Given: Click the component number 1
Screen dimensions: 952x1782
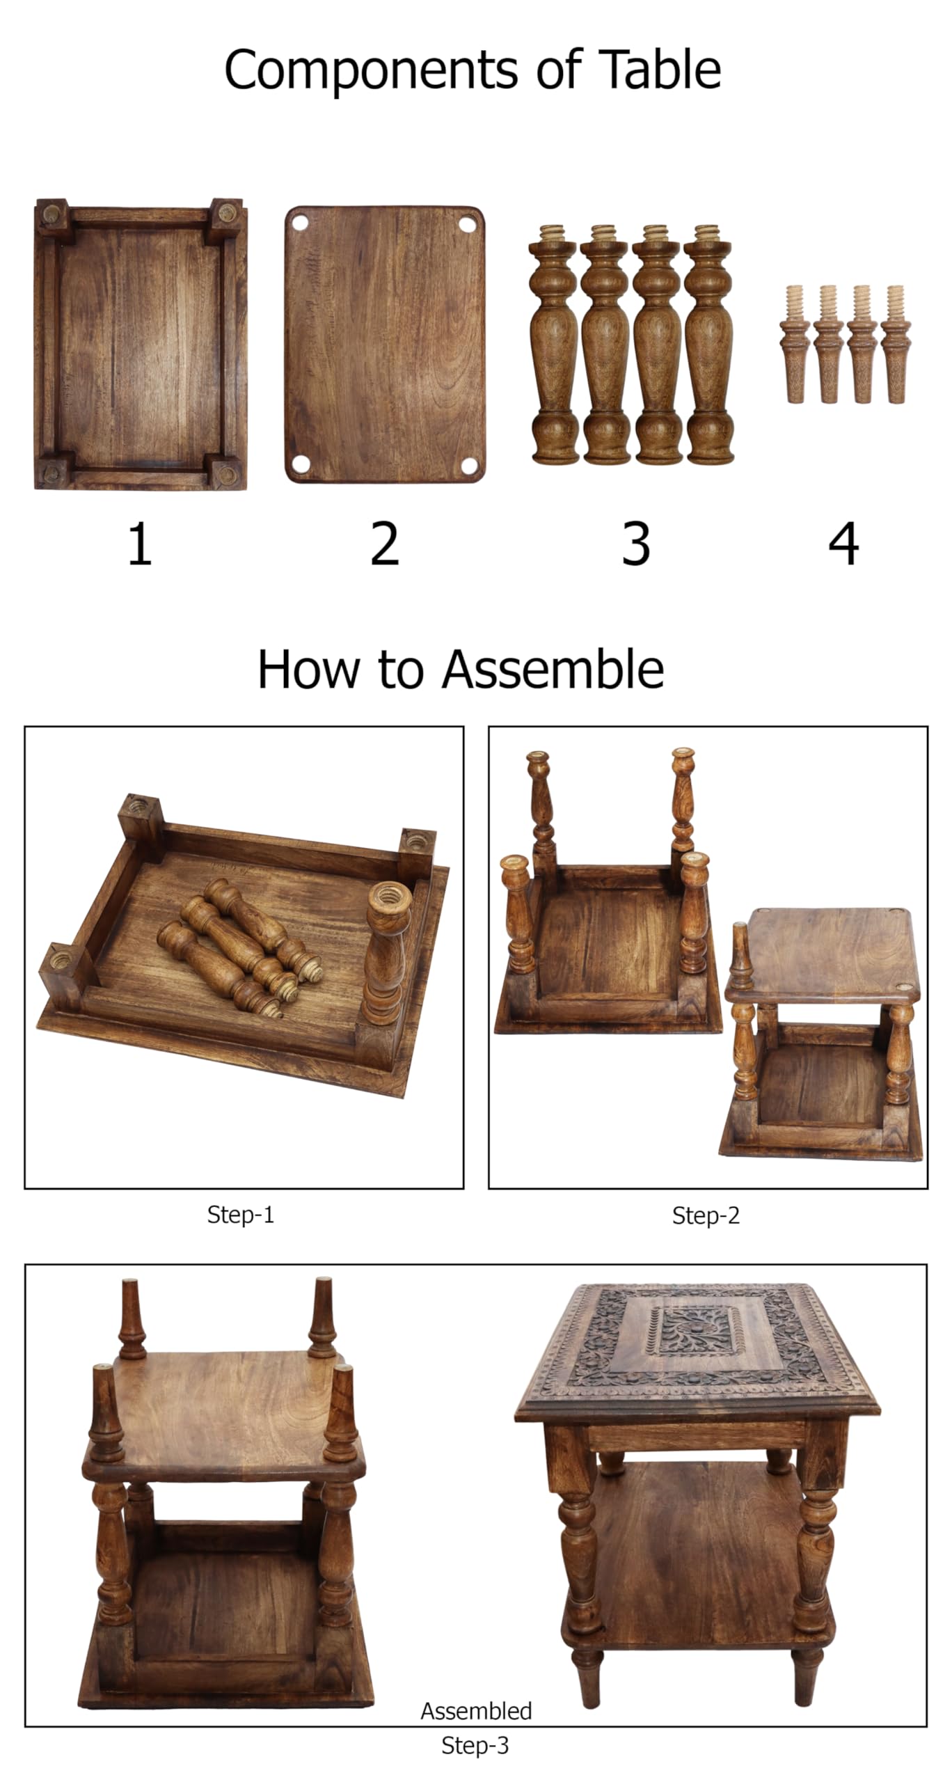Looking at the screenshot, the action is click(x=140, y=544).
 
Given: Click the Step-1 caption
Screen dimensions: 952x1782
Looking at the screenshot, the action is click(x=241, y=1215).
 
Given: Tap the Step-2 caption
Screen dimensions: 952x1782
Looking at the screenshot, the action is click(x=706, y=1215).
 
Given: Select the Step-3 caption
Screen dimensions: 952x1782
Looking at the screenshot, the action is click(x=475, y=1745).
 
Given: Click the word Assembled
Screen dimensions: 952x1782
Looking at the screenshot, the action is click(x=476, y=1710).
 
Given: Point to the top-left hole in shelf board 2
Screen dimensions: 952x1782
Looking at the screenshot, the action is click(x=300, y=223).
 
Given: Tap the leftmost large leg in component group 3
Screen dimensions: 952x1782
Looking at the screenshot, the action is click(x=555, y=344).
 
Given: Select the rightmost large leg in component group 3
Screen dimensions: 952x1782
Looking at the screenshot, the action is click(x=709, y=344).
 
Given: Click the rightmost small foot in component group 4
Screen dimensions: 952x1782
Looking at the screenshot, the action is click(x=894, y=344).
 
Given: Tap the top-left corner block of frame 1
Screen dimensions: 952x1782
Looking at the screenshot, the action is click(x=52, y=216).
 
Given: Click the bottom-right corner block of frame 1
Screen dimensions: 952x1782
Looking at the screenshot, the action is click(x=228, y=474).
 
